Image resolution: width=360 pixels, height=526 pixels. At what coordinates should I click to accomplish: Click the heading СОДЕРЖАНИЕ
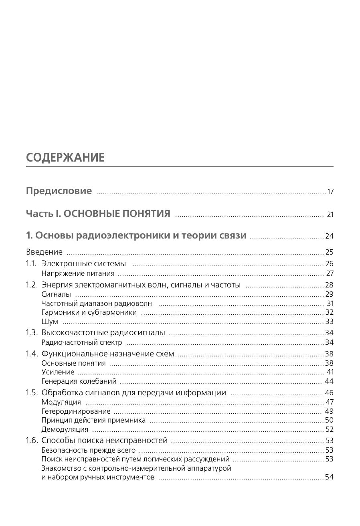pyautogui.click(x=65, y=158)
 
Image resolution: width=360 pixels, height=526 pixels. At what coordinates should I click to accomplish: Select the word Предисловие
pyautogui.click(x=59, y=191)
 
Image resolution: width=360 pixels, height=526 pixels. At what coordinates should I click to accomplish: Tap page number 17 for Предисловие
pyautogui.click(x=330, y=192)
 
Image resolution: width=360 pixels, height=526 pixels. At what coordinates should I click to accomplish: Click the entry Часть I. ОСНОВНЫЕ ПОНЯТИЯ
pyautogui.click(x=98, y=214)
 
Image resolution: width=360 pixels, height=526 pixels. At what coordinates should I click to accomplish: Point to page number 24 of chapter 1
pyautogui.click(x=329, y=236)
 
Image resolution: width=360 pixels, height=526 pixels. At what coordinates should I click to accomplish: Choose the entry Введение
pyautogui.click(x=44, y=252)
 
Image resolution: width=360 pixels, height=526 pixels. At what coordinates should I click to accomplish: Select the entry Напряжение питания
pyautogui.click(x=78, y=273)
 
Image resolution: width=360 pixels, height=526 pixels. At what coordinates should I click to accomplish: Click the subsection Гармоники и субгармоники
pyautogui.click(x=89, y=312)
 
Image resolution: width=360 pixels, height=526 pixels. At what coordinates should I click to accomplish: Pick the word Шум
pyautogui.click(x=50, y=322)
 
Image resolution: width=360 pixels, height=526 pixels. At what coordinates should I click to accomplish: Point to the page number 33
pyautogui.click(x=329, y=322)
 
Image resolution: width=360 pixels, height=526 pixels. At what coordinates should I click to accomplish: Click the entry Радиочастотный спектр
pyautogui.click(x=82, y=342)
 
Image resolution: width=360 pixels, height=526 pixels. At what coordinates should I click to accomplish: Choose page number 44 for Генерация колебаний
pyautogui.click(x=329, y=381)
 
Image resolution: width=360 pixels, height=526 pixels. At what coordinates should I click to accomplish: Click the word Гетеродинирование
pyautogui.click(x=76, y=411)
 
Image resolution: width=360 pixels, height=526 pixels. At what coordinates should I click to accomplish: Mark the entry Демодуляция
pyautogui.click(x=65, y=429)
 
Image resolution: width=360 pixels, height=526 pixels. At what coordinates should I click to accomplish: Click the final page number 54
pyautogui.click(x=329, y=477)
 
